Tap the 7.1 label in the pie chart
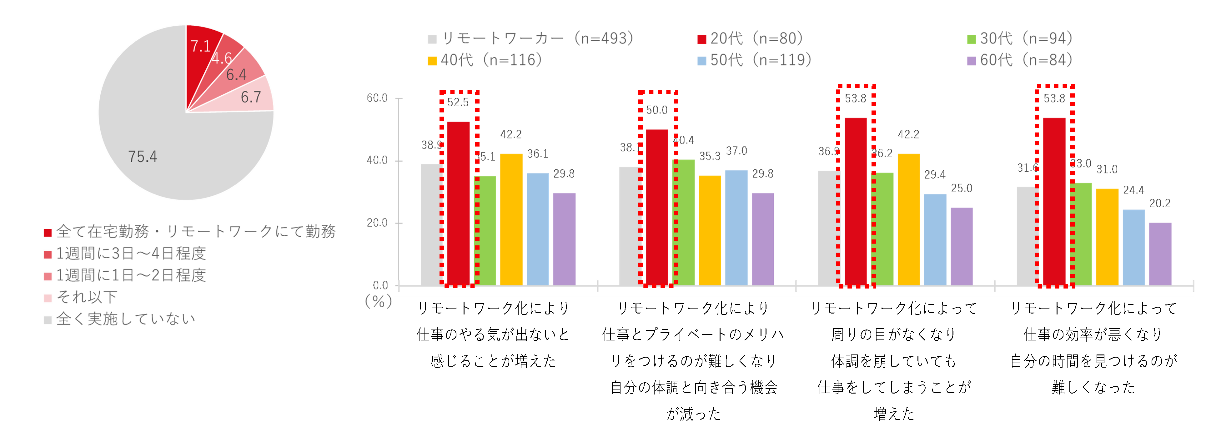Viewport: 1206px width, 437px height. pyautogui.click(x=200, y=46)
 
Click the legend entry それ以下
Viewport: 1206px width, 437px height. pyautogui.click(x=87, y=297)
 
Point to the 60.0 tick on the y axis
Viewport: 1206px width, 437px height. pyautogui.click(x=377, y=98)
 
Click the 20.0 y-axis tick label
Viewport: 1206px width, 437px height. pyautogui.click(x=377, y=223)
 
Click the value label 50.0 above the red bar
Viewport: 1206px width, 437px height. pyautogui.click(x=656, y=110)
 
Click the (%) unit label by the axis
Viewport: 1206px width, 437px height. pyautogui.click(x=378, y=301)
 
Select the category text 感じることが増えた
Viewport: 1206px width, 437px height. pyautogui.click(x=493, y=361)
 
